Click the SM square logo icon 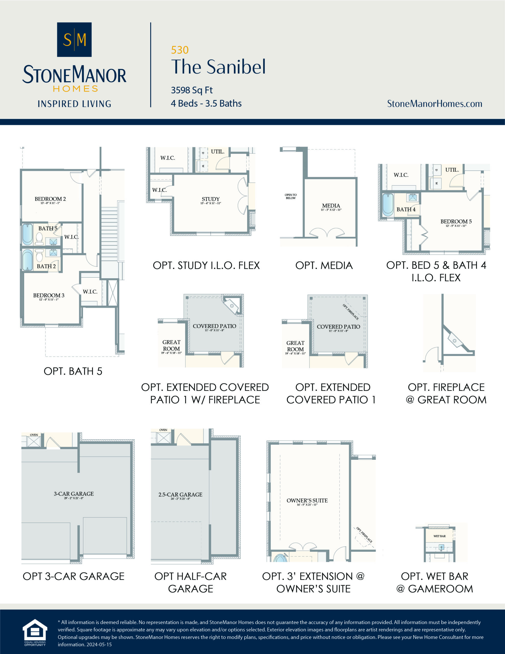pyautogui.click(x=74, y=40)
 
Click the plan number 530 pyautogui.click(x=179, y=50)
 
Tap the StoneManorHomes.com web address pyautogui.click(x=434, y=104)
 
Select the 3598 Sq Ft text pyautogui.click(x=191, y=90)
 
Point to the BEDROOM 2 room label pyautogui.click(x=50, y=199)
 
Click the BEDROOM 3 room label pyautogui.click(x=49, y=296)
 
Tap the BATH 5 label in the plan pyautogui.click(x=47, y=228)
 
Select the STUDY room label pyautogui.click(x=210, y=199)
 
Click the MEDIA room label pyautogui.click(x=331, y=206)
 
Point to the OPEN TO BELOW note pyautogui.click(x=290, y=196)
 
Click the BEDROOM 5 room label pyautogui.click(x=456, y=221)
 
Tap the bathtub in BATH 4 pyautogui.click(x=388, y=205)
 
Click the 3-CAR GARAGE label pyautogui.click(x=74, y=494)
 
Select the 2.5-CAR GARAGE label pyautogui.click(x=180, y=495)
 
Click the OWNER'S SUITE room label pyautogui.click(x=307, y=501)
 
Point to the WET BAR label pyautogui.click(x=439, y=536)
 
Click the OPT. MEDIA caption pyautogui.click(x=324, y=266)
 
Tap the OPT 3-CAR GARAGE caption pyautogui.click(x=74, y=576)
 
